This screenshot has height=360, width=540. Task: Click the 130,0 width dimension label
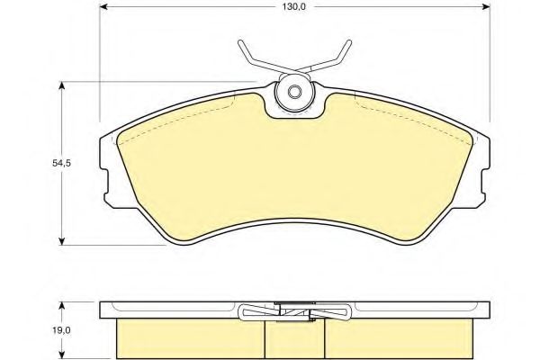point(294,6)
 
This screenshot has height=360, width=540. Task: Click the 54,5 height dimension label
point(61,163)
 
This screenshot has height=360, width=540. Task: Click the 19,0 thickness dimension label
point(61,330)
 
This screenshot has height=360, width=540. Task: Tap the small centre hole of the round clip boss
point(295,92)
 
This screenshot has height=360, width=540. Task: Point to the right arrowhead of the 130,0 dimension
point(485,6)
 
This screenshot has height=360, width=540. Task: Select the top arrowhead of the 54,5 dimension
point(61,86)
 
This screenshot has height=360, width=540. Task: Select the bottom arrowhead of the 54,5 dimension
point(61,240)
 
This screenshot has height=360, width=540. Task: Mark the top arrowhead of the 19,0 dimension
point(61,307)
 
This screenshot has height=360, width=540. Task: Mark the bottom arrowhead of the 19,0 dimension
point(61,354)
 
